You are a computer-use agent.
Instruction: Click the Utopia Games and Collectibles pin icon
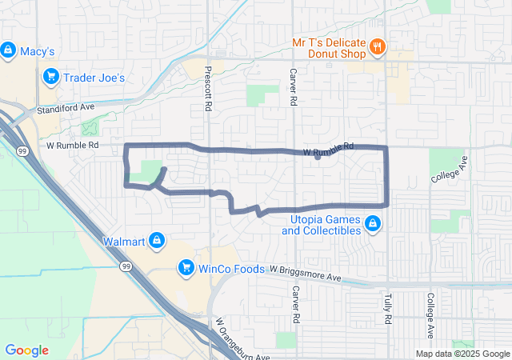point(373,223)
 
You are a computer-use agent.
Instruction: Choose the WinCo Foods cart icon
point(186,267)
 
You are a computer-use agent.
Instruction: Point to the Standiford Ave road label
point(65,106)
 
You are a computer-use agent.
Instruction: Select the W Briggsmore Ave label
point(305,274)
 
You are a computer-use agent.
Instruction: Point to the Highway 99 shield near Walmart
point(126,267)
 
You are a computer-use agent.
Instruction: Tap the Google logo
point(26,350)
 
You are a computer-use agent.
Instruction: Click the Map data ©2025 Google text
point(462,354)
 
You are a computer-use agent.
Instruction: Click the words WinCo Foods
point(231,268)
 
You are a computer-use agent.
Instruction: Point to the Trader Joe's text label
point(96,78)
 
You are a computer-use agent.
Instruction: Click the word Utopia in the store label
point(301,218)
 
